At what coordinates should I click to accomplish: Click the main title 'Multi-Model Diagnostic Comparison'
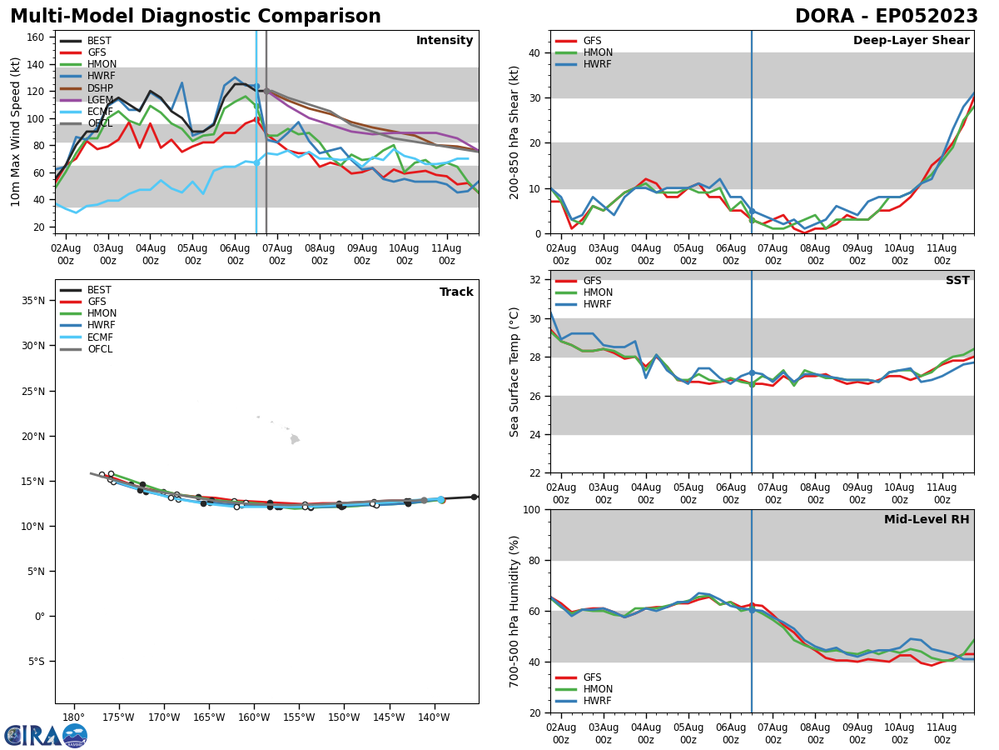[x=195, y=17]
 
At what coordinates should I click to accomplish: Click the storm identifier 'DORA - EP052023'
[x=886, y=17]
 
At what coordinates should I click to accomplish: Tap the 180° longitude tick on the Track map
[x=73, y=717]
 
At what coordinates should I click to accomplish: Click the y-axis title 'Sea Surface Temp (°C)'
[x=515, y=372]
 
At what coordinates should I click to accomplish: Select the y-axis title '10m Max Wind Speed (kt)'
[x=16, y=132]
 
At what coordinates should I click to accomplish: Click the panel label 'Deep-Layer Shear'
[x=911, y=41]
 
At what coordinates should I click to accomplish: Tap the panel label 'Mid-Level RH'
[x=926, y=520]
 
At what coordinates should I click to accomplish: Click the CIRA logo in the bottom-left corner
[x=46, y=735]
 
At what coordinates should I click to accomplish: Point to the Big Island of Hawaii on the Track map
[x=295, y=439]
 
